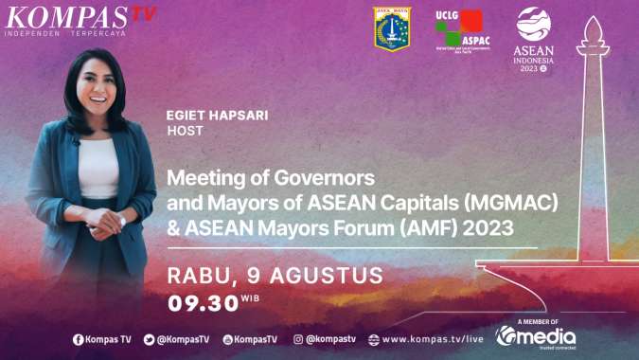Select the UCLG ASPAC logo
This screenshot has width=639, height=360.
coord(459,30)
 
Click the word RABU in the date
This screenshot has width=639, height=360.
coord(195,276)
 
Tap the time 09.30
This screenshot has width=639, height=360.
coord(202,303)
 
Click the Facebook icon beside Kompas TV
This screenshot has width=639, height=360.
coord(78,339)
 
